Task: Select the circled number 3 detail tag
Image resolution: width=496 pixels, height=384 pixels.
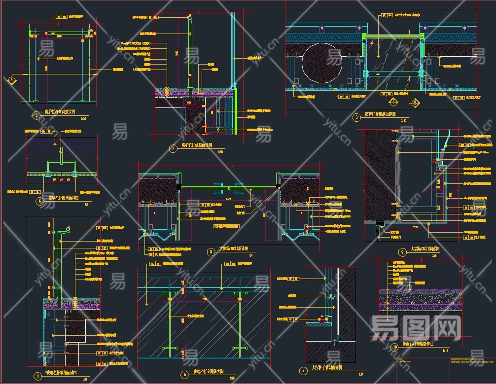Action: pos(356,117)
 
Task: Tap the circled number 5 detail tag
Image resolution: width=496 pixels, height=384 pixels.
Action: pos(184,374)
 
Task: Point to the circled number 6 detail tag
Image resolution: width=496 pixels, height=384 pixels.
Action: pos(39,201)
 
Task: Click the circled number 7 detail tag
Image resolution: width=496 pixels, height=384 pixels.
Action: pos(303,370)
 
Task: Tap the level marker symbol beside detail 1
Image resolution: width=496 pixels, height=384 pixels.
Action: pos(11,79)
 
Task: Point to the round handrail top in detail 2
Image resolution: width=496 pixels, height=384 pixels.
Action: pos(190,18)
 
